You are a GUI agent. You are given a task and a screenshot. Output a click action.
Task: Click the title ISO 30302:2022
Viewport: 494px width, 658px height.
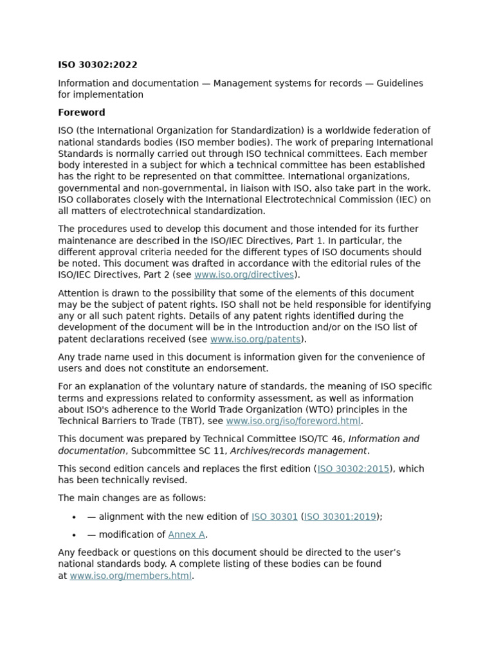pyautogui.click(x=98, y=65)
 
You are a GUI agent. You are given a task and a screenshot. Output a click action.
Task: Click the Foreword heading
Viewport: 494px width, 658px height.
pyautogui.click(x=82, y=112)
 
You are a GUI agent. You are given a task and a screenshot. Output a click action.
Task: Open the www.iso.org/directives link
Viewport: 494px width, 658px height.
pyautogui.click(x=244, y=275)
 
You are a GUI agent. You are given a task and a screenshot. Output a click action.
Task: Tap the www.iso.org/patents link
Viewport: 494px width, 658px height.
pyautogui.click(x=255, y=339)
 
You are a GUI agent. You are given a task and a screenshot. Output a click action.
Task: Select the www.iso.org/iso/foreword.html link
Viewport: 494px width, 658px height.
pyautogui.click(x=293, y=422)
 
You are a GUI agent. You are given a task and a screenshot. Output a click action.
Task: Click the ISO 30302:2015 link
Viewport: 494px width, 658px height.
pyautogui.click(x=353, y=469)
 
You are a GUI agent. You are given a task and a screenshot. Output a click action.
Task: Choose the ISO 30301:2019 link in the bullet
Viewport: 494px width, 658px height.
pyautogui.click(x=340, y=517)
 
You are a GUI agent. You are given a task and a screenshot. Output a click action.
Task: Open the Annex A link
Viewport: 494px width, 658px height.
pyautogui.click(x=187, y=535)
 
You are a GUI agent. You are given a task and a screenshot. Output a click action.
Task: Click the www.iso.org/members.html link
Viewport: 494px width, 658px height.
pyautogui.click(x=131, y=576)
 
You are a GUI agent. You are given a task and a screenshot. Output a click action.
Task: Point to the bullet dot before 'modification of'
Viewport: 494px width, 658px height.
pyautogui.click(x=75, y=535)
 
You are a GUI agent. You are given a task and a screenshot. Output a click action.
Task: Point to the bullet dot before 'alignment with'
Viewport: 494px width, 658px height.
pyautogui.click(x=75, y=517)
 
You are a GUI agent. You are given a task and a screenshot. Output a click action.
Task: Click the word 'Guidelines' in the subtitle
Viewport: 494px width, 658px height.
pyautogui.click(x=400, y=84)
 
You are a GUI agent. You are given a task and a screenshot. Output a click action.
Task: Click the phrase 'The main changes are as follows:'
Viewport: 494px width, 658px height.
pyautogui.click(x=132, y=499)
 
